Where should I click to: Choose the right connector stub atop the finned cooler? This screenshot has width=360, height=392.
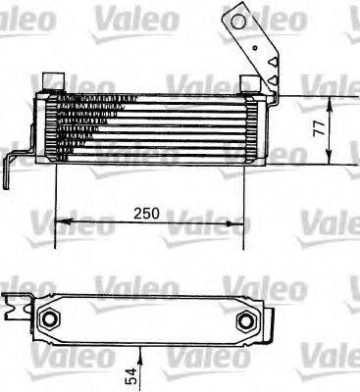coord(248,80)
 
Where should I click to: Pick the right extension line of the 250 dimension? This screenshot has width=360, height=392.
coord(245,196)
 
